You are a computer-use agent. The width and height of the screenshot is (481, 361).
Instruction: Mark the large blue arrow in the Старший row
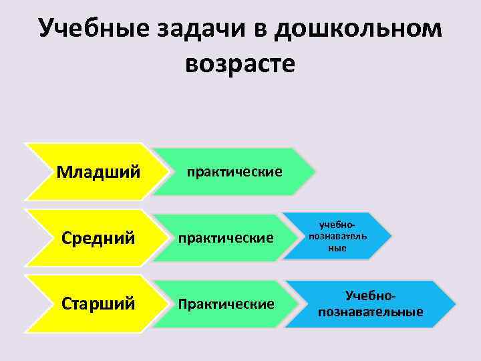click(371, 304)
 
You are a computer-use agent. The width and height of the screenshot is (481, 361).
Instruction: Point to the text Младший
click(98, 172)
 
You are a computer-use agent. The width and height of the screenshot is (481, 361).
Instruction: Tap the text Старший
click(98, 304)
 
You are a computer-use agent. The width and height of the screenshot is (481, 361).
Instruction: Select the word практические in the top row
click(234, 172)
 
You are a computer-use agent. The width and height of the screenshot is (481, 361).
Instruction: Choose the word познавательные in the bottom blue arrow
click(371, 312)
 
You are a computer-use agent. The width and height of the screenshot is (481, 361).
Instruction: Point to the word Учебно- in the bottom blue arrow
click(371, 295)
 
